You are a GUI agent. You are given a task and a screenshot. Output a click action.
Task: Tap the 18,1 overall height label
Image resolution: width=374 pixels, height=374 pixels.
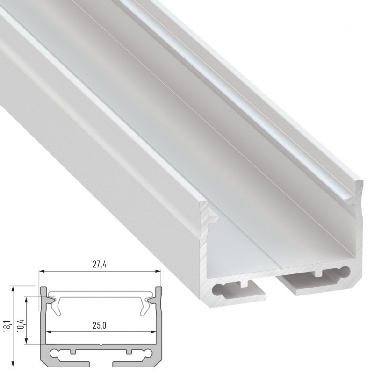coord(6,324)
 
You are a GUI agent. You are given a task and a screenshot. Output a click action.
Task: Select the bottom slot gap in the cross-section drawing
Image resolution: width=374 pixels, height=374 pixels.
coord(101,363)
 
